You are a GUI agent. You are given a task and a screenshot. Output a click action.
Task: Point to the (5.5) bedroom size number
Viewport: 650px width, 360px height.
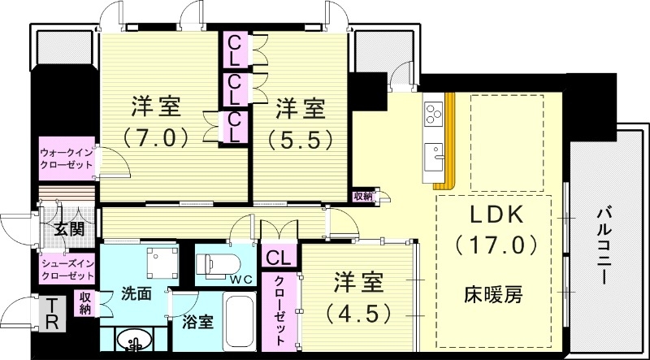300,139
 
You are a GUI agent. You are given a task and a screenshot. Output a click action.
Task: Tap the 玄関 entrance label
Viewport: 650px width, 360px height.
69,229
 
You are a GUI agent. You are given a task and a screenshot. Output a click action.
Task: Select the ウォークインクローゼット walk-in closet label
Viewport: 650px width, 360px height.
67,158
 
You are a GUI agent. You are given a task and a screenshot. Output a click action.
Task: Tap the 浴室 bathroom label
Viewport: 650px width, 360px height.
197,321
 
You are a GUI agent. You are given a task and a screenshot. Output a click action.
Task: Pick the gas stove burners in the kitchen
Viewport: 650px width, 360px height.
432,111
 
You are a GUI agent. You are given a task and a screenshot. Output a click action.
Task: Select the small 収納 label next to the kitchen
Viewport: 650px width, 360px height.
362,196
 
